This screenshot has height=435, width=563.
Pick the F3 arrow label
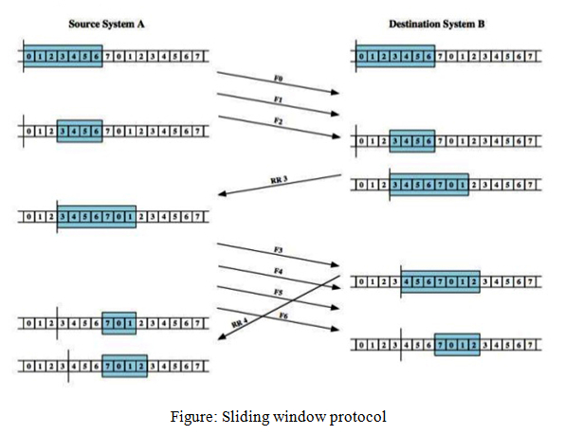[278, 248]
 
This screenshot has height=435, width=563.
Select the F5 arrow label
[278, 291]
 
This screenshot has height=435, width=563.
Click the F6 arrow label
[283, 314]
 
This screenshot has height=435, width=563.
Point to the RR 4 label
[240, 324]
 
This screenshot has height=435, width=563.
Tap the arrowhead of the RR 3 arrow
[222, 195]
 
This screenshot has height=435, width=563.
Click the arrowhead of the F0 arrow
[337, 92]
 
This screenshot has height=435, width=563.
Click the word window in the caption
[298, 415]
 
